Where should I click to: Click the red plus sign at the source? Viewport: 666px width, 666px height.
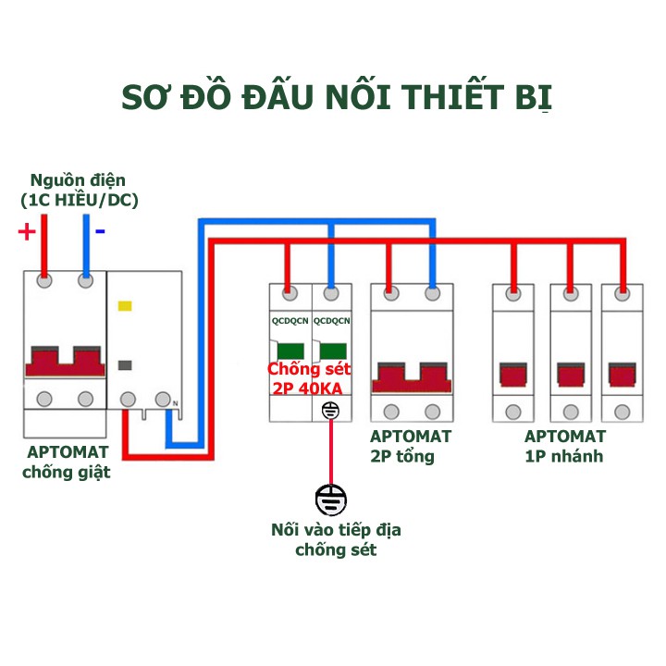(x=27, y=231)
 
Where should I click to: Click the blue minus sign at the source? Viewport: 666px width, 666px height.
(x=100, y=231)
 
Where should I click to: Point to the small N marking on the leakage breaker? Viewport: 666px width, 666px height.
(x=175, y=401)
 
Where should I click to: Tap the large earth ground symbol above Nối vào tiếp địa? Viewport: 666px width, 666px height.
(x=331, y=500)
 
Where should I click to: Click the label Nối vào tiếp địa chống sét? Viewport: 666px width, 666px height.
(x=336, y=540)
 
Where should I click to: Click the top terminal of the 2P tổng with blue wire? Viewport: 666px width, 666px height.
(x=431, y=295)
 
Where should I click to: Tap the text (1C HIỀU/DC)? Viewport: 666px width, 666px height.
(x=79, y=200)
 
